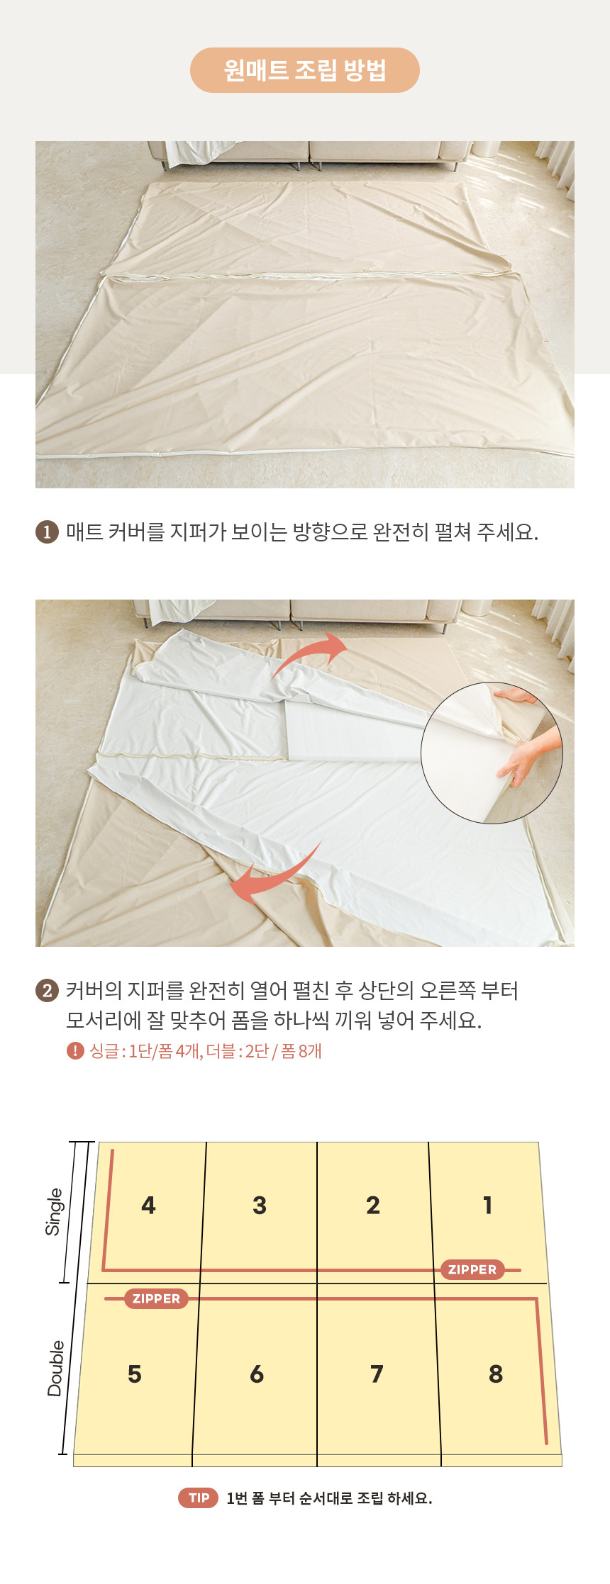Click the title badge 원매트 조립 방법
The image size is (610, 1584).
(x=305, y=70)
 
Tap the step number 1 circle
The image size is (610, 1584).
(x=47, y=532)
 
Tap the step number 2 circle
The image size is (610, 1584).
(x=47, y=990)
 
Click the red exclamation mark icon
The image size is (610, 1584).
(x=75, y=1050)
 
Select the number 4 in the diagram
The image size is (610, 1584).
(x=148, y=1205)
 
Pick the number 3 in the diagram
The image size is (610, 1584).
(x=260, y=1205)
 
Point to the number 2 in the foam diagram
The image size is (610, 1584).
(x=373, y=1205)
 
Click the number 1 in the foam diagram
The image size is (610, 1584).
(x=487, y=1205)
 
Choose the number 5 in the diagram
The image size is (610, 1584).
(x=135, y=1374)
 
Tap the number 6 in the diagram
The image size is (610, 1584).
(x=257, y=1374)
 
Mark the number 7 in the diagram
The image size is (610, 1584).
(x=377, y=1374)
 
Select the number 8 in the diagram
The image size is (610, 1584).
(x=496, y=1374)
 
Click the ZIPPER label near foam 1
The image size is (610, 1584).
(x=472, y=1269)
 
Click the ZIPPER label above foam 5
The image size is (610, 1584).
(x=157, y=1298)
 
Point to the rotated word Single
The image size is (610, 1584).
(x=54, y=1211)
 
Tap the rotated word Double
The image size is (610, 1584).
(x=55, y=1368)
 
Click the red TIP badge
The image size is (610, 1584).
(x=199, y=1498)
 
